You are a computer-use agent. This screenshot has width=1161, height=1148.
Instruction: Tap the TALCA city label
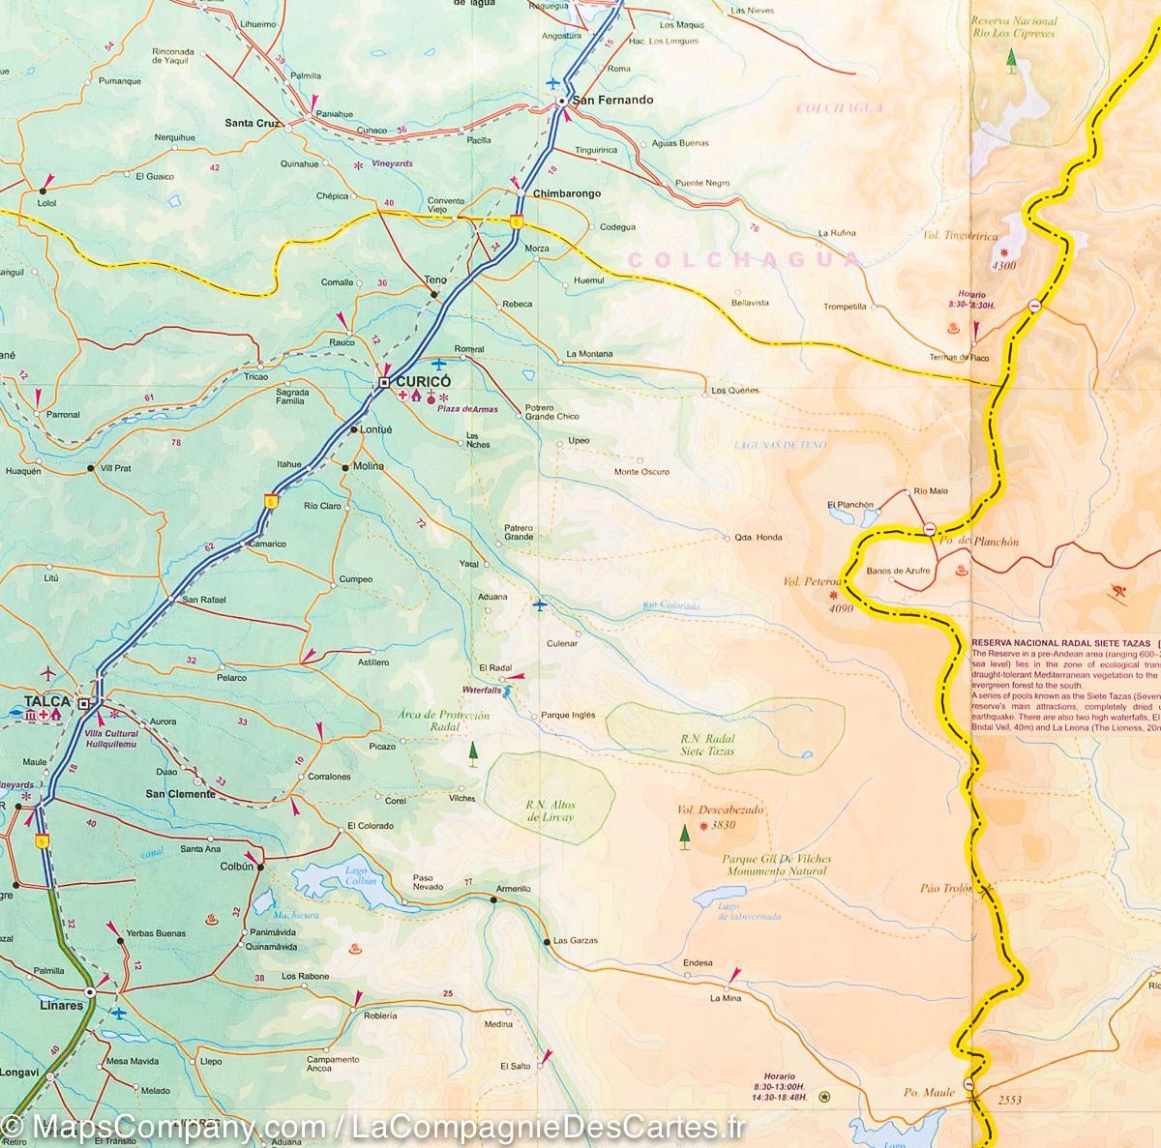(x=47, y=701)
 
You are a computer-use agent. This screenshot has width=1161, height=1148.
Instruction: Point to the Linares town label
(x=62, y=1005)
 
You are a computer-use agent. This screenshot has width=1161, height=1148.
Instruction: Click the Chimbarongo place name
(x=567, y=193)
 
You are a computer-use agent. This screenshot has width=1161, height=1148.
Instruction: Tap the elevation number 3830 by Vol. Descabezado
(x=723, y=825)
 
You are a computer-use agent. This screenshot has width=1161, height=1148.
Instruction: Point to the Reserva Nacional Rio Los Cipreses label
(x=1015, y=26)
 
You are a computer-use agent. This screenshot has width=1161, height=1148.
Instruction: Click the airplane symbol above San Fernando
(x=553, y=82)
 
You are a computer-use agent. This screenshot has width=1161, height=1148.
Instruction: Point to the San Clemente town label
(x=180, y=794)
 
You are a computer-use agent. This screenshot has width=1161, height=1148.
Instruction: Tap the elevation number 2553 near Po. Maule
(x=1009, y=1100)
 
